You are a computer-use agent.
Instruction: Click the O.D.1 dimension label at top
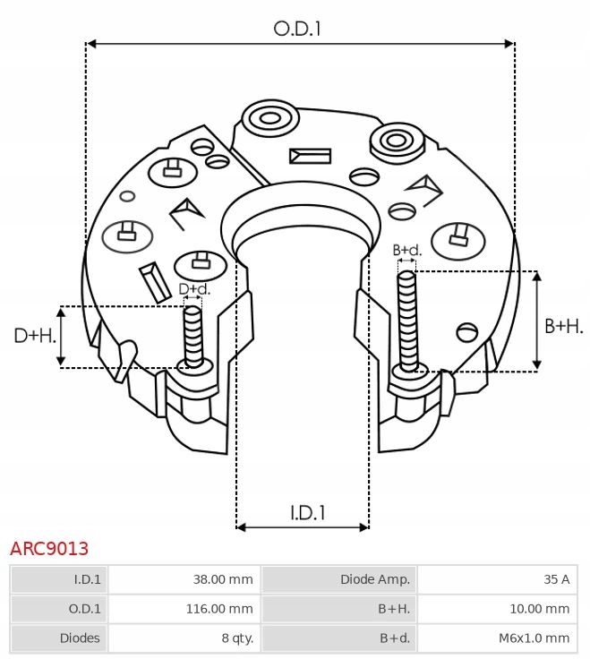[297, 29]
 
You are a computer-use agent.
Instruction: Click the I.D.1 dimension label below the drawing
[307, 512]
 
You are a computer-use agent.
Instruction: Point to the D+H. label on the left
[34, 336]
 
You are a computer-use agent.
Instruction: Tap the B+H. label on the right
[563, 326]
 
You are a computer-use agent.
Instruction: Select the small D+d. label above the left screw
[194, 289]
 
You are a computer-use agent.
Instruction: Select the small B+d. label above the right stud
[407, 250]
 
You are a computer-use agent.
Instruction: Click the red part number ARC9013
[49, 548]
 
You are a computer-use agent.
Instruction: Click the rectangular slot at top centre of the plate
[310, 156]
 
